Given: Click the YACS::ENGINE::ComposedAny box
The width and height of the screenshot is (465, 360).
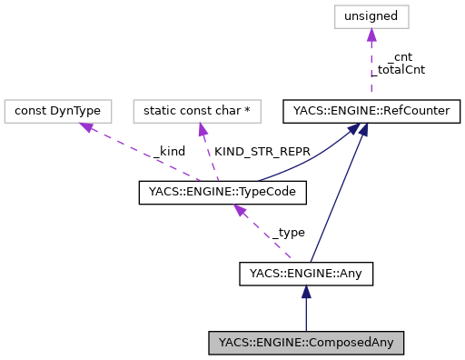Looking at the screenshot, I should point(306,343).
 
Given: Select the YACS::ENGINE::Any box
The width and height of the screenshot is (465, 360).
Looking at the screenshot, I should point(306,272).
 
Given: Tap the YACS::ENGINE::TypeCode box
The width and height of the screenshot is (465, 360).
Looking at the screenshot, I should point(223,192).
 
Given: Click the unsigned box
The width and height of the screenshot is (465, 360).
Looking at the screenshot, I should point(371,16).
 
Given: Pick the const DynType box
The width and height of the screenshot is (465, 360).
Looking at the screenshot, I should point(58,112).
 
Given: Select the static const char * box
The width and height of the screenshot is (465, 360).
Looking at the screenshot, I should point(197,112).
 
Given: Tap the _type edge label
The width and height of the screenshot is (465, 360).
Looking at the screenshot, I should point(288,232).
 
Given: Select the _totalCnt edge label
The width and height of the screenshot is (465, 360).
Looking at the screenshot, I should point(401,69).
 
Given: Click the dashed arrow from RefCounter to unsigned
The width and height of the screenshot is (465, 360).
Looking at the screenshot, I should point(370,68).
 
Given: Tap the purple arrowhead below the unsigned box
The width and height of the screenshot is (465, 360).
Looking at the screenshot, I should point(371,35).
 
